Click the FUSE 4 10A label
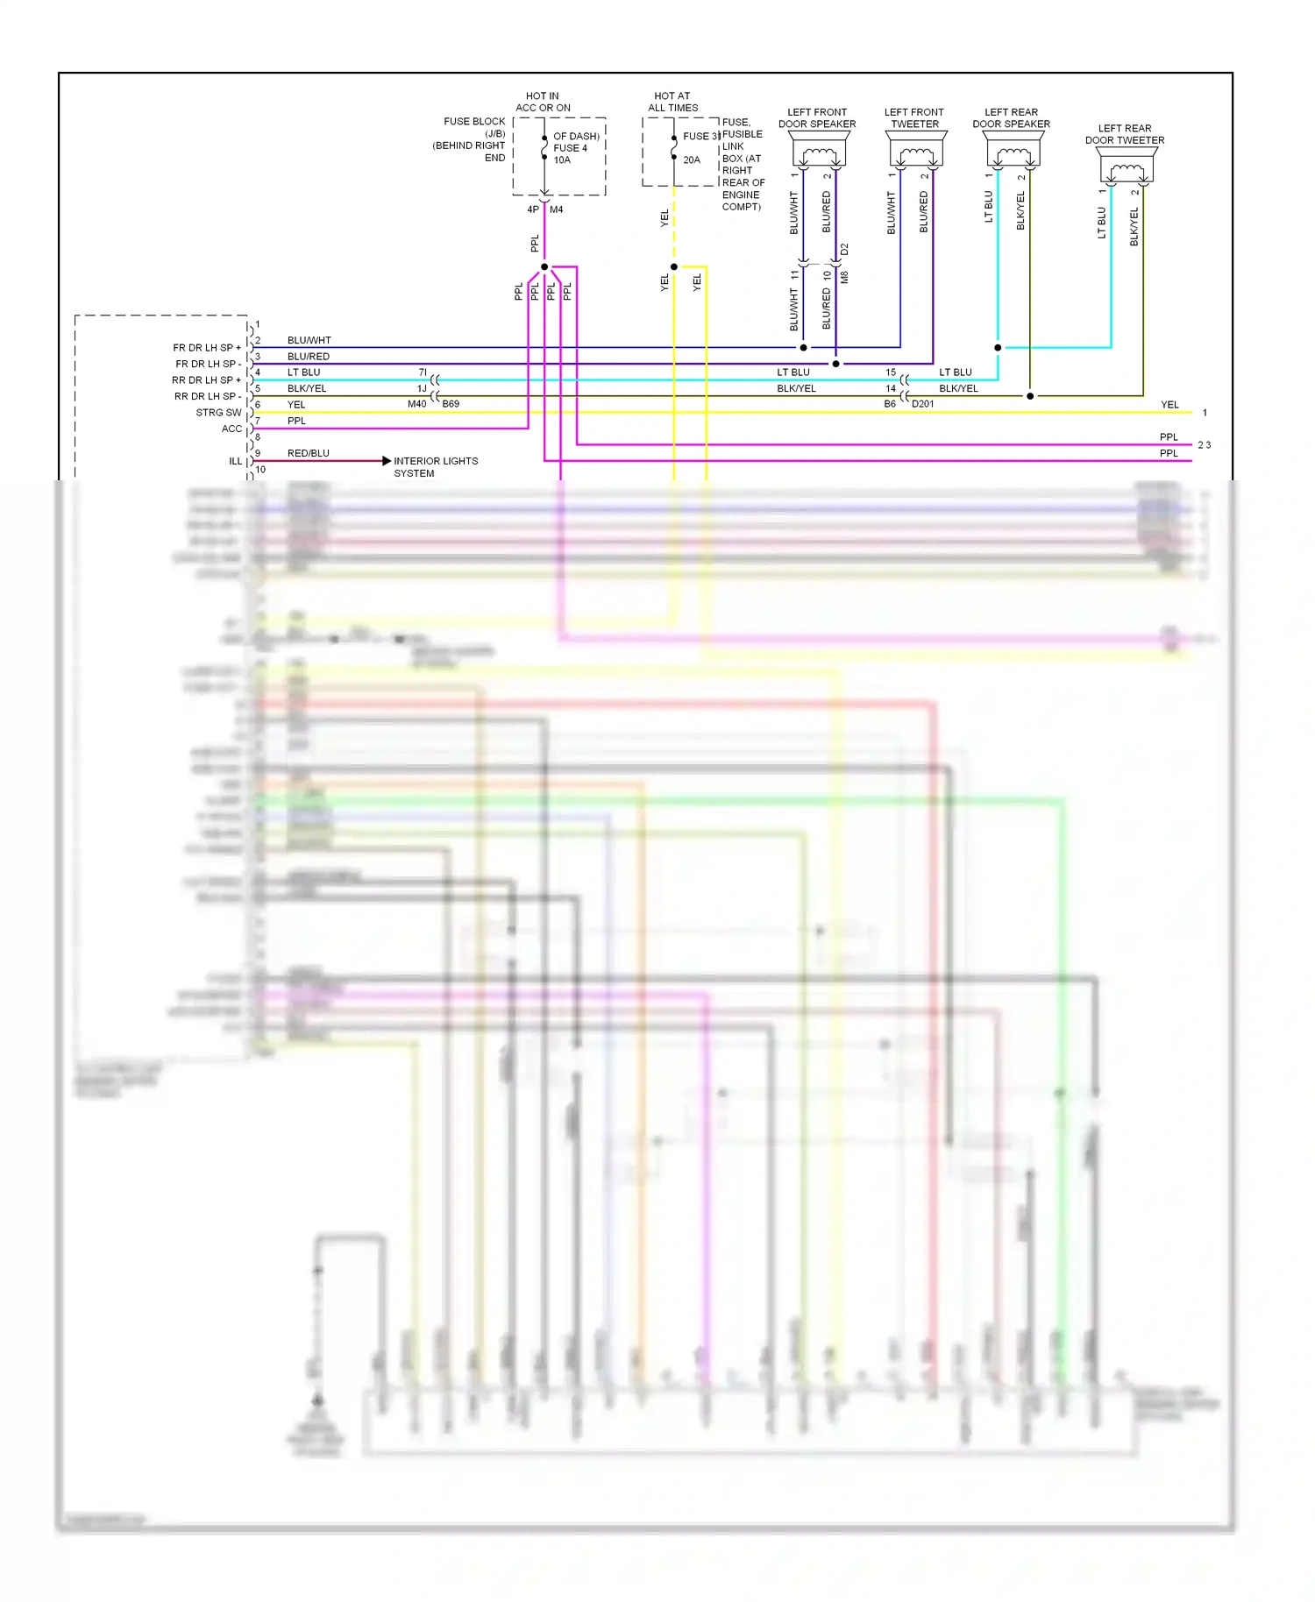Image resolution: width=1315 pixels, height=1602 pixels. (570, 154)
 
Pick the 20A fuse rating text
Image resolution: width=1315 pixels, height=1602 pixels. (692, 160)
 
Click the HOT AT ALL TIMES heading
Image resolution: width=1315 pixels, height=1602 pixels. (672, 102)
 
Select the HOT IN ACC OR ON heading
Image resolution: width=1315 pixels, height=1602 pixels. (543, 102)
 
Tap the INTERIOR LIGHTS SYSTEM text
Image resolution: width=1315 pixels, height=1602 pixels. (435, 467)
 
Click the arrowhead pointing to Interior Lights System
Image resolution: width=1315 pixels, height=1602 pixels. (387, 461)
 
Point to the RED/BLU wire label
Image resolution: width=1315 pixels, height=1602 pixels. (308, 453)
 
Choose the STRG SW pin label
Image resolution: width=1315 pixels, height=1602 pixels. (218, 413)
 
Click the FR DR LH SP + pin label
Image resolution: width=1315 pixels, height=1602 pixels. (207, 348)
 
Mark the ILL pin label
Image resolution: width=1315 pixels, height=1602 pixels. (235, 461)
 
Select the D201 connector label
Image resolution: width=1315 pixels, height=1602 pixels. (923, 404)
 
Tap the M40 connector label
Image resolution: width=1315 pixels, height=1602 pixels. (416, 404)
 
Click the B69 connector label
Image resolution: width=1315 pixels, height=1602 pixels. (451, 404)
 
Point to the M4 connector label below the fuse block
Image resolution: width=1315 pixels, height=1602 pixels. (557, 209)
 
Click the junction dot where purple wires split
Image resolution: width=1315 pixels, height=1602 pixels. (544, 266)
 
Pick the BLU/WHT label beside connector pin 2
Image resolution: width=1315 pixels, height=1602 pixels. (309, 340)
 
